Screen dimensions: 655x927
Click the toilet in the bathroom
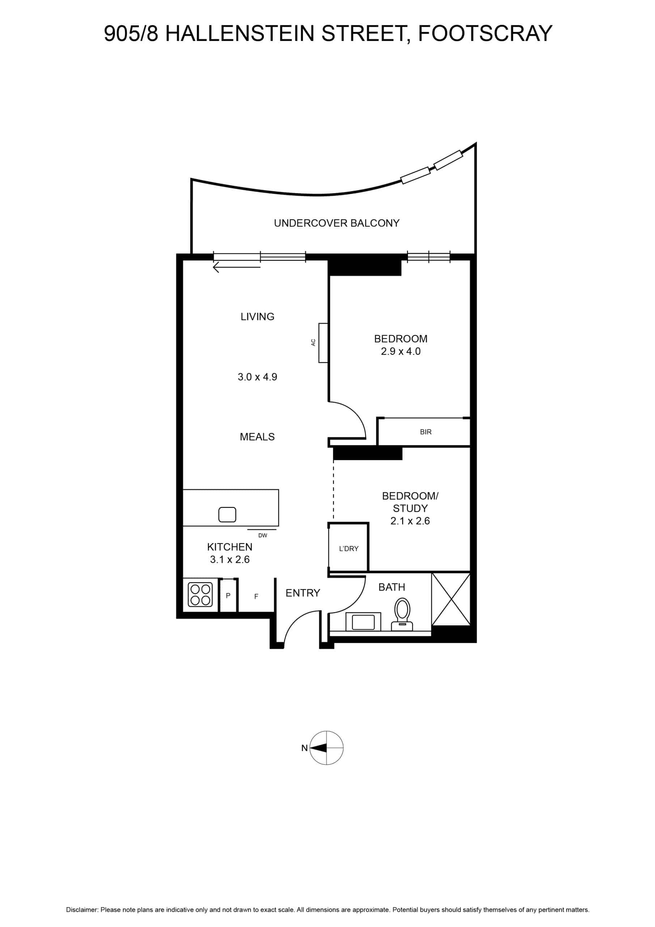click(x=402, y=614)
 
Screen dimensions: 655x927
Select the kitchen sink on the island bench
click(x=227, y=514)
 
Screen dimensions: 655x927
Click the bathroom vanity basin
click(x=363, y=622)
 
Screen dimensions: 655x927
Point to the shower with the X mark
click(x=451, y=599)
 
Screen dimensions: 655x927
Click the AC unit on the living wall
click(x=323, y=343)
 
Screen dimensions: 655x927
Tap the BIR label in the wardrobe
click(x=425, y=432)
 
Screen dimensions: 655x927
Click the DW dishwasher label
click(x=263, y=535)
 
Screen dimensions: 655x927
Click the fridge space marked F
click(x=256, y=596)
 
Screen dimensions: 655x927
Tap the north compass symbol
click(x=326, y=747)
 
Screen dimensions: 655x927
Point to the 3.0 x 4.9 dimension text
click(x=257, y=377)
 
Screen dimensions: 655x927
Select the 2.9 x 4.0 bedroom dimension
click(x=400, y=351)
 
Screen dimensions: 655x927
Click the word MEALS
click(x=257, y=436)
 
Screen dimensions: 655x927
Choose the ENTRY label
click(x=303, y=593)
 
